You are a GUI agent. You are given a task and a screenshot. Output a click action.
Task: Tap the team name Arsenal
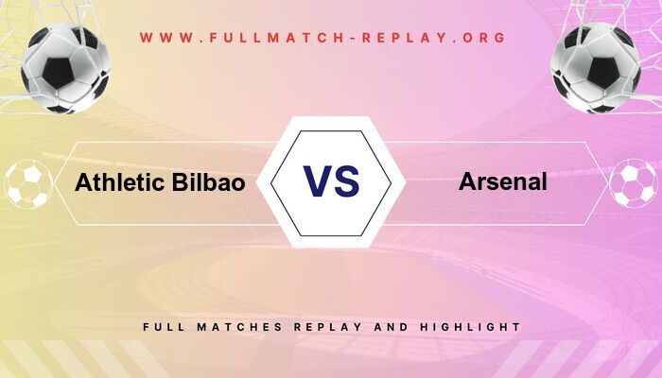point(503,181)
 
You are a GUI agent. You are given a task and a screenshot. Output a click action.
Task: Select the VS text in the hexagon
point(331,181)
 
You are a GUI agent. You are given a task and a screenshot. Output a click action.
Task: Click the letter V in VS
point(317,181)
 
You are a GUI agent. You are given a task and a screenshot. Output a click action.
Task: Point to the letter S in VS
point(346,181)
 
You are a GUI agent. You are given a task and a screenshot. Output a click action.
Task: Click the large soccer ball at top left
point(66,69)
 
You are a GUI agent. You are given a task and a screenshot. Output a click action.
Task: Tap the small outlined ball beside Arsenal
point(633,183)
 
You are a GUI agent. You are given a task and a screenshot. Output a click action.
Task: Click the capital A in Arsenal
point(467,181)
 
